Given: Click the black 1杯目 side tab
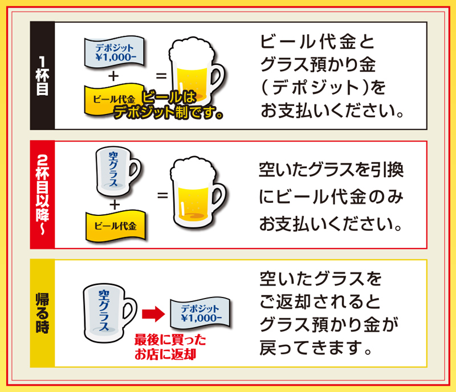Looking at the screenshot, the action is [43, 75].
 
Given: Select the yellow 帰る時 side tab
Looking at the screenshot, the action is [43, 313].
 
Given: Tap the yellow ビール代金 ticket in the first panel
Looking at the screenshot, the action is [111, 98].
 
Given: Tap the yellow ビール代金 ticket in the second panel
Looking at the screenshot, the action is [115, 225].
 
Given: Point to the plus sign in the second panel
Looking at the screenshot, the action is [115, 203].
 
